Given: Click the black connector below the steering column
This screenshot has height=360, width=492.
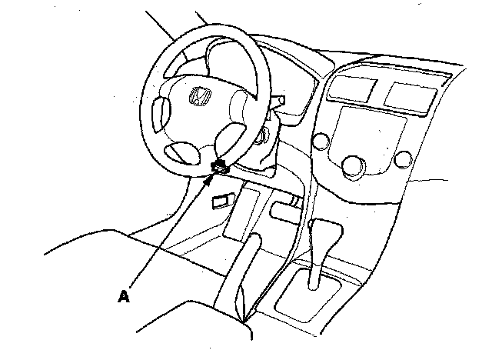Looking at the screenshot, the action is (x=219, y=165).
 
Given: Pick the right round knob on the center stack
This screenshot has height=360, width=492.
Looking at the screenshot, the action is (x=401, y=160).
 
